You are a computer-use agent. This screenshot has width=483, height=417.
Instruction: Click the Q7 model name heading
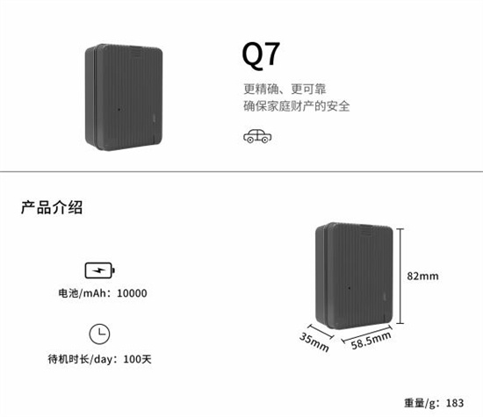[261, 54]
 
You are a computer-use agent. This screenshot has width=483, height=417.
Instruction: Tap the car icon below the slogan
[257, 136]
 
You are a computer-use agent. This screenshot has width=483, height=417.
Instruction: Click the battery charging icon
[100, 270]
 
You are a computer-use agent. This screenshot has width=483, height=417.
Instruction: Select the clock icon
[99, 334]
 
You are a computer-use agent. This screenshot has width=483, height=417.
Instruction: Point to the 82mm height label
[422, 276]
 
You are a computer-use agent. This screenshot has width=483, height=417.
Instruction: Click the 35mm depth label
[314, 342]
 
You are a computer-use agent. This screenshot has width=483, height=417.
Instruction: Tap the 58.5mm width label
[371, 341]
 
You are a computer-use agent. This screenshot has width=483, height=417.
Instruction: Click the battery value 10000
[132, 293]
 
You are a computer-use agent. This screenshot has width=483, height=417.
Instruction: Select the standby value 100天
[137, 359]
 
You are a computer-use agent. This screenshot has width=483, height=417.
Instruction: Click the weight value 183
[455, 403]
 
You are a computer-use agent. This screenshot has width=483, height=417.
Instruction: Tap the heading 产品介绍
[52, 207]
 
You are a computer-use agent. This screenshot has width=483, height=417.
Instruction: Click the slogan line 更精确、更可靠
[285, 89]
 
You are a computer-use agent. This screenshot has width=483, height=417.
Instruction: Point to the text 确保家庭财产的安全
[297, 106]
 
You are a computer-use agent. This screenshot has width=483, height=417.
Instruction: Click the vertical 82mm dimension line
[400, 277]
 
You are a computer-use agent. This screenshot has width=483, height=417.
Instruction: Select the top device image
[124, 97]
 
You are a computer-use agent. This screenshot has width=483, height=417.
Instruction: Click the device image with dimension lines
[354, 276]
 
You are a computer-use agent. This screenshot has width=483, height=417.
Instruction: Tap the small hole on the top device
[119, 110]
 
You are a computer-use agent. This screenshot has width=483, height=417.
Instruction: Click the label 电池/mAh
[83, 293]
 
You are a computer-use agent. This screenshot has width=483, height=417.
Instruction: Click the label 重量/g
[421, 403]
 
